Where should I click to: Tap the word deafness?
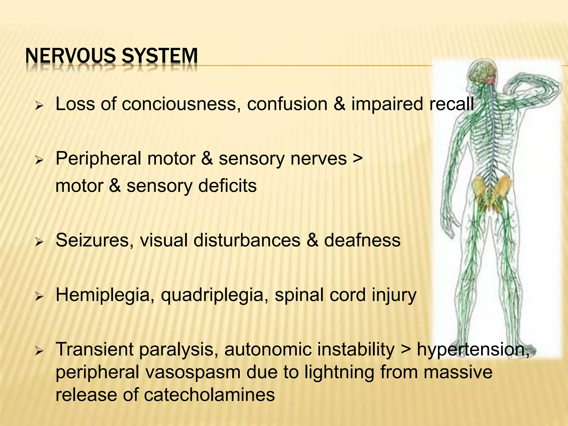point(362,240)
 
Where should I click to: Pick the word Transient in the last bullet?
point(95,349)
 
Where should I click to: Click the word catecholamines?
point(209,395)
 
